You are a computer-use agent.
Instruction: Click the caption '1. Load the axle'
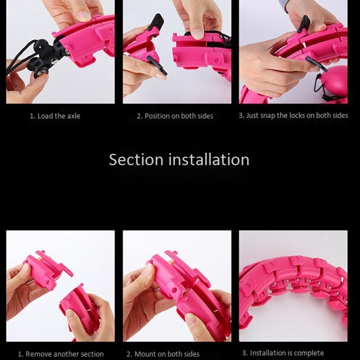(55, 116)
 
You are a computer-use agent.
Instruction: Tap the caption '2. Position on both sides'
(175, 116)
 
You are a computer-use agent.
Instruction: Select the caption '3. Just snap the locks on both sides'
(293, 116)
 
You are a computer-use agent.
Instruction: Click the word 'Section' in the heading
(136, 160)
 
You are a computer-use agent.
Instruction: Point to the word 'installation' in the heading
(209, 160)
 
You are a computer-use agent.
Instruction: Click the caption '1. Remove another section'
(61, 354)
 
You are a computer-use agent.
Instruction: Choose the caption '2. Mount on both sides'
(163, 354)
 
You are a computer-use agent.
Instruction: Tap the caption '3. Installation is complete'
(283, 353)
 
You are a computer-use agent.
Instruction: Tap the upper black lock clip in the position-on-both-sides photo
(155, 23)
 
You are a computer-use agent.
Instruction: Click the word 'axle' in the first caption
(74, 116)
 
